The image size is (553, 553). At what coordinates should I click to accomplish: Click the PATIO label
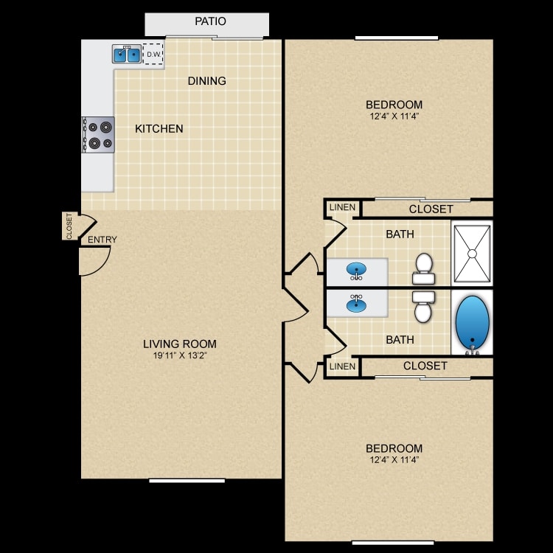click(x=210, y=21)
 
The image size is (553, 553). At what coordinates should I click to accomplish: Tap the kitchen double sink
click(x=127, y=54)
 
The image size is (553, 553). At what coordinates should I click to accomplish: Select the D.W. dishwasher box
click(x=153, y=54)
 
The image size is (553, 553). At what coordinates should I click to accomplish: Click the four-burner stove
click(x=99, y=135)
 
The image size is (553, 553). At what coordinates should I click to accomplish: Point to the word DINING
click(x=206, y=81)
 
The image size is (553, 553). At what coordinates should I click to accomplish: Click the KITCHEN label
click(x=159, y=129)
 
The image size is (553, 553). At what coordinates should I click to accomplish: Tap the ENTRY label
click(x=102, y=240)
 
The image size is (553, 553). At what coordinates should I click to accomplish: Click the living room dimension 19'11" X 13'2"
click(x=179, y=356)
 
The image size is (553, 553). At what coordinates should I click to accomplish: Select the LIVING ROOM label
click(x=179, y=344)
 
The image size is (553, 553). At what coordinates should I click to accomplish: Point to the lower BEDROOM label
click(x=394, y=448)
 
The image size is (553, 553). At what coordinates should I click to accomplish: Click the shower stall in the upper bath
click(x=472, y=253)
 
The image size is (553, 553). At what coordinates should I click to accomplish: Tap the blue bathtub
click(x=472, y=322)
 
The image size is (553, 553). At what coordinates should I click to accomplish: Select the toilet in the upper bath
click(x=423, y=269)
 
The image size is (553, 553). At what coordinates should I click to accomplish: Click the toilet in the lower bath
click(x=423, y=306)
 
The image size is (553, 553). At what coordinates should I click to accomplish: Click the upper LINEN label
click(x=342, y=208)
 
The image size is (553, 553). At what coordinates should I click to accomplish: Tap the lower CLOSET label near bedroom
click(x=425, y=366)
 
